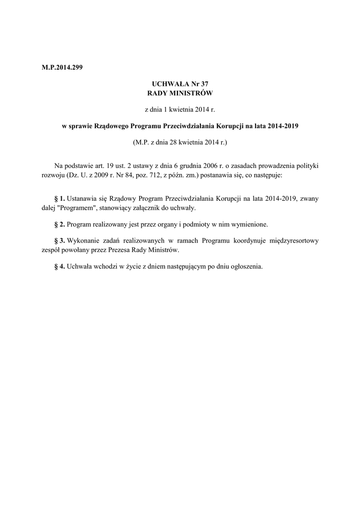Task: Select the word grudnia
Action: click(x=205, y=165)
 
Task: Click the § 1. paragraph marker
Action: click(x=59, y=198)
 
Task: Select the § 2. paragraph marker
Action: click(x=59, y=224)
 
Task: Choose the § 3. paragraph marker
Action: click(x=59, y=240)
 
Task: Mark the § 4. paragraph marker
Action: click(x=59, y=266)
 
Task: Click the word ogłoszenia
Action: click(x=244, y=266)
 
